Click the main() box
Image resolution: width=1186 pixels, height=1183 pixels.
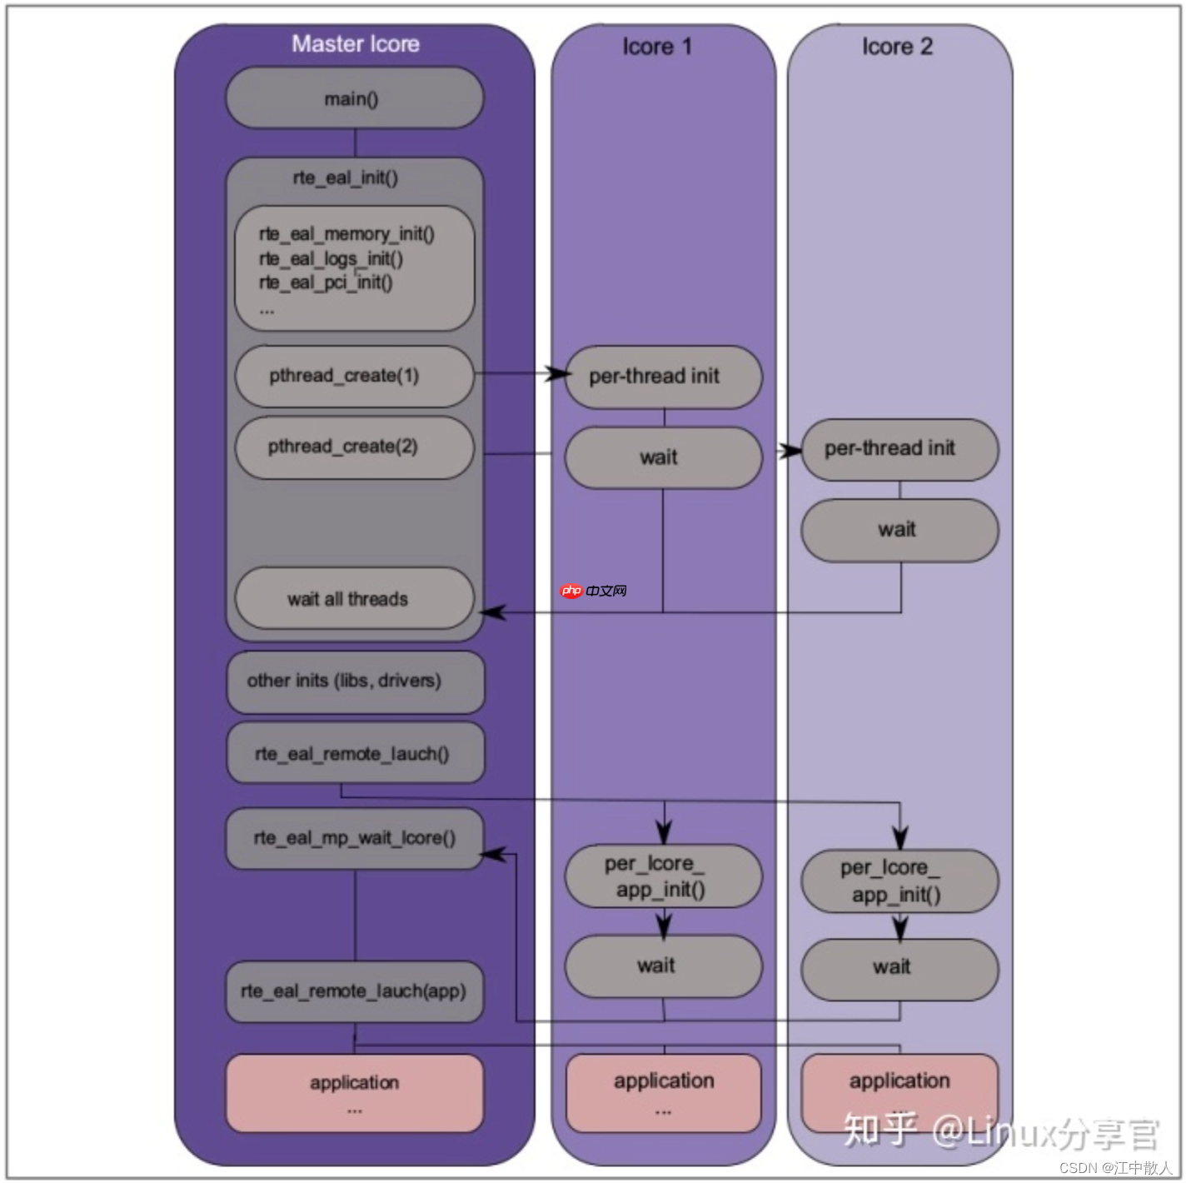pos(354,98)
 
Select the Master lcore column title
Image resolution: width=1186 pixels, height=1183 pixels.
pos(355,44)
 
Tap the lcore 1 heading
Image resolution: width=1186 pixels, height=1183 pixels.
pos(657,47)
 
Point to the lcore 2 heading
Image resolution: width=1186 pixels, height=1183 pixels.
pos(897,47)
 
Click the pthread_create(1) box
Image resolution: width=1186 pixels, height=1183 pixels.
pos(354,377)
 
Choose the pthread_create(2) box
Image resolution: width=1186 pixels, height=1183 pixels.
pos(354,447)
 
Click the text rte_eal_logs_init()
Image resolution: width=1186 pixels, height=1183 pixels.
pos(331,258)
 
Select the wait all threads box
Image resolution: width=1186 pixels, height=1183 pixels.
pos(354,599)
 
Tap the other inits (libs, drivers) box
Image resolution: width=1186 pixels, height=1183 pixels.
pos(355,681)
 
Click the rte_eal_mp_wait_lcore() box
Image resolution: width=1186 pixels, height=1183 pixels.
pos(355,838)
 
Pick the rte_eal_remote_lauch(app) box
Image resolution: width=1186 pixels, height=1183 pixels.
pos(354,991)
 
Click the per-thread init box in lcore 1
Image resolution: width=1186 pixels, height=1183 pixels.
pos(663,377)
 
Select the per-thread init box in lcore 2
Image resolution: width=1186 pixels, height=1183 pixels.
pos(899,449)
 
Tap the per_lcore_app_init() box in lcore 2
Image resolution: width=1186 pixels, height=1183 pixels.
pos(899,881)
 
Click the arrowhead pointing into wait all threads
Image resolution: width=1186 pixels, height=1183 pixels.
pos(492,612)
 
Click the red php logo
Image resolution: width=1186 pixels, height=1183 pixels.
pos(571,591)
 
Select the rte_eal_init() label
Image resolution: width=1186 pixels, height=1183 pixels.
pos(346,177)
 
